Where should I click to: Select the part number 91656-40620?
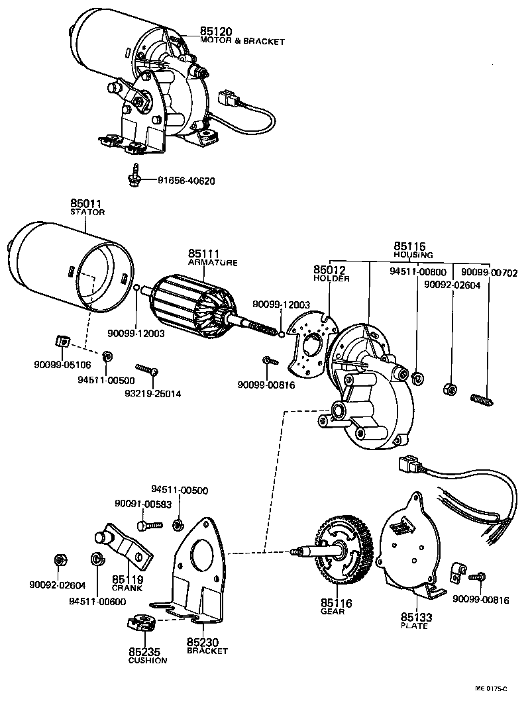pyautogui.click(x=186, y=181)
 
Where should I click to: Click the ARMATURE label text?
pyautogui.click(x=212, y=263)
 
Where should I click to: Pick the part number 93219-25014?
pyautogui.click(x=153, y=394)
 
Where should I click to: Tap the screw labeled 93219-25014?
pyautogui.click(x=146, y=368)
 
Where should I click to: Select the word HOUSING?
pyautogui.click(x=413, y=255)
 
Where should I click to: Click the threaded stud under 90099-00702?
pyautogui.click(x=483, y=399)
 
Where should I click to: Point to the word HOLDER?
pyautogui.click(x=331, y=279)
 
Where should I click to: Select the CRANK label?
pyautogui.click(x=127, y=588)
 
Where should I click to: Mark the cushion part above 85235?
pyautogui.click(x=140, y=623)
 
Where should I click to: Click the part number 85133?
pyautogui.click(x=416, y=617)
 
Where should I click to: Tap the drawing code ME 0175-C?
pyautogui.click(x=490, y=688)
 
